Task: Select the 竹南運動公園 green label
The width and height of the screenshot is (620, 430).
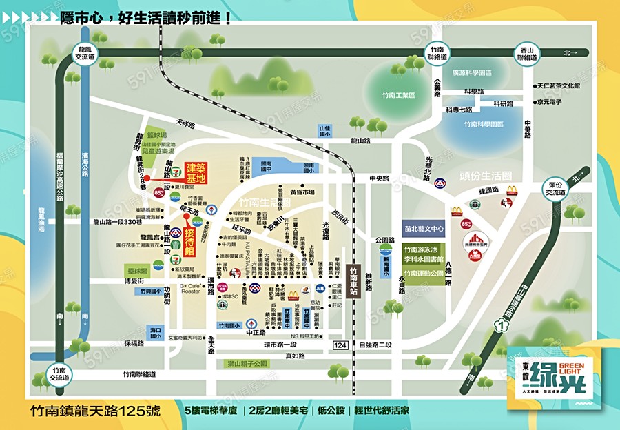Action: tap(424, 274)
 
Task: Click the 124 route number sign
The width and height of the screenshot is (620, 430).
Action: tap(340, 345)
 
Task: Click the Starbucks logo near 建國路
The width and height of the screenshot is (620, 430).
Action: tap(475, 204)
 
